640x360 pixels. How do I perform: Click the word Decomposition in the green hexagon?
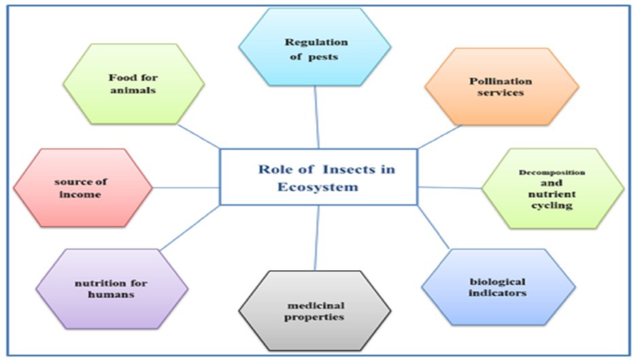tap(552, 172)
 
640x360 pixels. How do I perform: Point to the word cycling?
tap(552, 205)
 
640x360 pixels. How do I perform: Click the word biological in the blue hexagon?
tap(497, 281)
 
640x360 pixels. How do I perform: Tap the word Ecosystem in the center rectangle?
tap(318, 186)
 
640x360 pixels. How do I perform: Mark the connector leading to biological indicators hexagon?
tap(434, 228)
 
